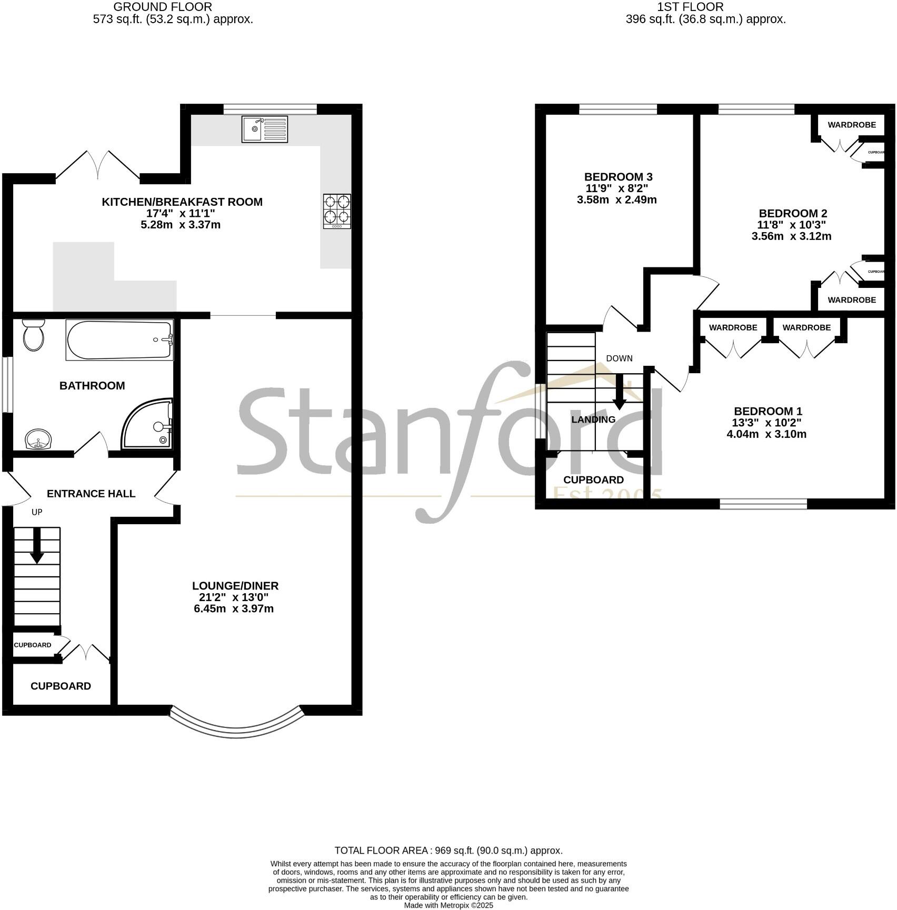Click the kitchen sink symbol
click(265, 129)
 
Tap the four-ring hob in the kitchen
click(337, 211)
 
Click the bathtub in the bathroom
click(119, 340)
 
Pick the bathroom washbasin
click(38, 439)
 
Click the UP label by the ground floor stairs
click(37, 512)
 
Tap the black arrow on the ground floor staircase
click(37, 546)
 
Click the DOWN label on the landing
click(619, 358)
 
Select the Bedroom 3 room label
click(619, 177)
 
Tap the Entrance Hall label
click(91, 494)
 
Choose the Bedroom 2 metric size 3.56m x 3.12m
click(791, 236)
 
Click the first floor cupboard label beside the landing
click(593, 480)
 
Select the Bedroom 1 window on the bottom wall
click(763, 504)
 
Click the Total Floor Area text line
click(448, 851)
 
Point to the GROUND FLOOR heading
click(163, 7)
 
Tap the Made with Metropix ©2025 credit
click(448, 905)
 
